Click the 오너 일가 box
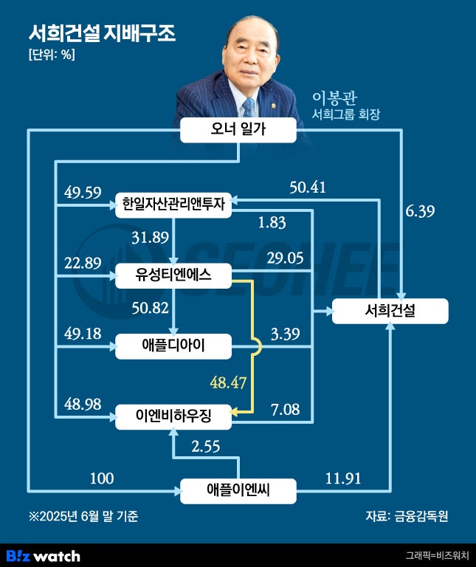238,130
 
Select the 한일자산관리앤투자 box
173,205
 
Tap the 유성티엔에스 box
173,275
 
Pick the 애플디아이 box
173,346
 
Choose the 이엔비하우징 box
173,416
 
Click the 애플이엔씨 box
238,491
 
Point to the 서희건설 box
390,311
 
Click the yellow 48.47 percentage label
228,382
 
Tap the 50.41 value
308,188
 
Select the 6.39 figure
420,211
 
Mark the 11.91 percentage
343,478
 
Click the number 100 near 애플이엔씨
102,478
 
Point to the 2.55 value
206,446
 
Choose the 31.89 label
150,238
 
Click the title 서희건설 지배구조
102,33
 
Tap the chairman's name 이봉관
334,97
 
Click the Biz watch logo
43,555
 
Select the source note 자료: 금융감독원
407,515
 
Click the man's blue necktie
248,107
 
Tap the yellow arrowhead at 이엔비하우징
234,412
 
